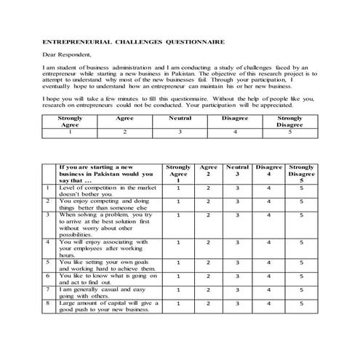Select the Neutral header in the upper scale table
[x=180, y=116]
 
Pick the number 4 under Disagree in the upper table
[x=235, y=132]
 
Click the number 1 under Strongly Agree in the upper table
[x=70, y=132]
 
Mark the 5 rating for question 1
[x=301, y=188]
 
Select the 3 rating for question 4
[x=237, y=243]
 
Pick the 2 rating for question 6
[x=208, y=276]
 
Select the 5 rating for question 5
[x=301, y=263]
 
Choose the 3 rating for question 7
[x=237, y=290]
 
